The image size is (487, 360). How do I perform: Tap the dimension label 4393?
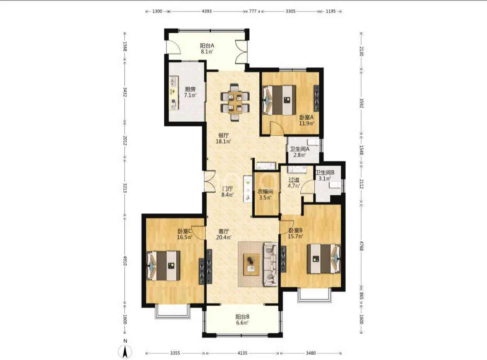coord(207,11)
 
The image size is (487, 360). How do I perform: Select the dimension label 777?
coord(253,11)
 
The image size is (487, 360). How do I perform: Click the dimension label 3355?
coord(175,353)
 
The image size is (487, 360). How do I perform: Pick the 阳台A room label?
coord(207,46)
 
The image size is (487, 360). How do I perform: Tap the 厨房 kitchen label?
coord(190,89)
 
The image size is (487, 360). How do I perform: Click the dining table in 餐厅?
coord(235,102)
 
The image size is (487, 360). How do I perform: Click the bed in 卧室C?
coord(163,266)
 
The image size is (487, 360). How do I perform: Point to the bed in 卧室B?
coord(324,259)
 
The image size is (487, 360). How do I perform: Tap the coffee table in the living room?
coord(251,265)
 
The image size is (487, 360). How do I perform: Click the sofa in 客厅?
coord(271,264)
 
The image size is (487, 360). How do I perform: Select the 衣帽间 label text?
coord(265,192)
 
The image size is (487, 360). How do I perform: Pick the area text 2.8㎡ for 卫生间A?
coord(300,155)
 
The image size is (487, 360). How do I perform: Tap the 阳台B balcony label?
coord(242,317)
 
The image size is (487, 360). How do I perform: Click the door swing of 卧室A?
coord(277,128)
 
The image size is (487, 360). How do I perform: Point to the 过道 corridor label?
coord(294,180)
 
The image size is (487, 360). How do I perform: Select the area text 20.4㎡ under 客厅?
coord(224,237)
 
